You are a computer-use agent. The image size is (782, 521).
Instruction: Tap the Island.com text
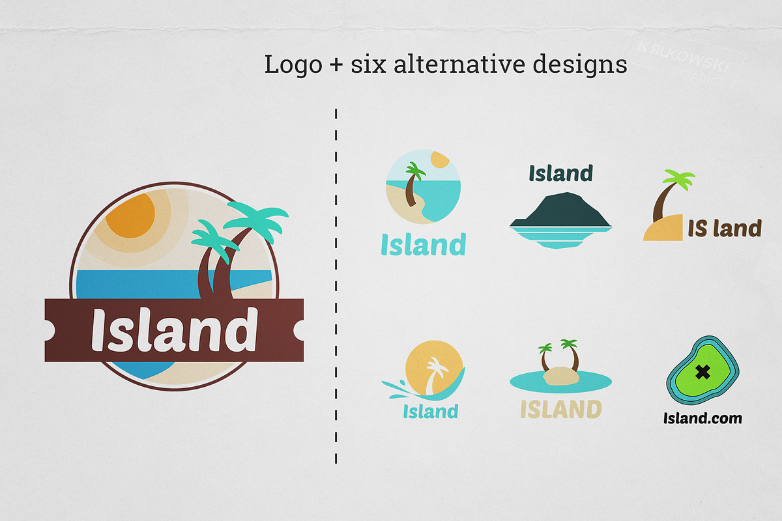[702, 418]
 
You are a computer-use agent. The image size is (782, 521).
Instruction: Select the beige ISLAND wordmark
[560, 410]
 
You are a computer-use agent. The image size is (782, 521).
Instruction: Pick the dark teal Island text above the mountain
[560, 174]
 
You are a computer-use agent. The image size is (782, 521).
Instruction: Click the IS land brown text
[725, 229]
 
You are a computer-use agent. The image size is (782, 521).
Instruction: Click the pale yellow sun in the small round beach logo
[441, 160]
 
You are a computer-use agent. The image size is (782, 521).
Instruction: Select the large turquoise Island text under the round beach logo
[424, 246]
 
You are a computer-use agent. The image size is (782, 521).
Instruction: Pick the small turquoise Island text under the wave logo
[430, 412]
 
